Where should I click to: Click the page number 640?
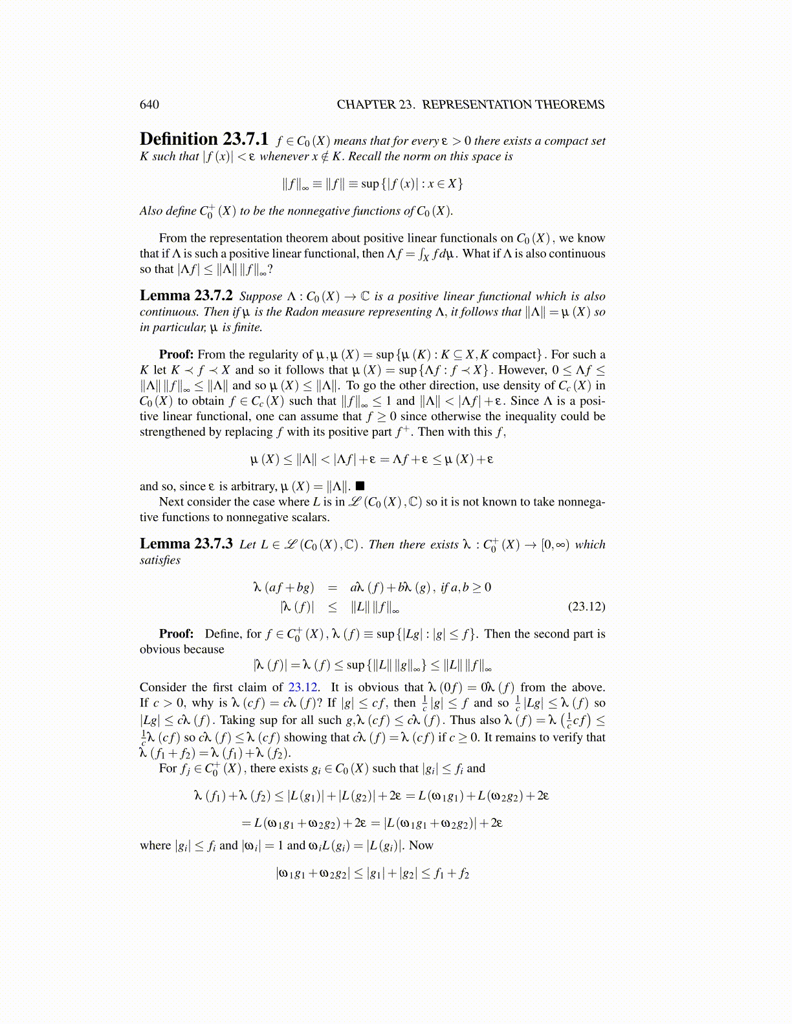click(x=149, y=105)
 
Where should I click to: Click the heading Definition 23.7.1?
click(x=204, y=140)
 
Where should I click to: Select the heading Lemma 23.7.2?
click(x=186, y=296)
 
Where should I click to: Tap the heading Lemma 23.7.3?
click(x=186, y=544)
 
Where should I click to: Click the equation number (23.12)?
click(x=586, y=606)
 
